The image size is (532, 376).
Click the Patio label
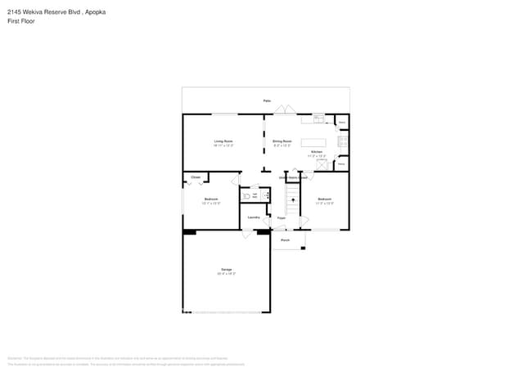pos(267,101)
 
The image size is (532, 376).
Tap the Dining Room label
pos(282,142)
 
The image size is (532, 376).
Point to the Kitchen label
pos(317,152)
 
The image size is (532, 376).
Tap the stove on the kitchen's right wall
pos(344,139)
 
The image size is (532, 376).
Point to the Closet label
pos(196,177)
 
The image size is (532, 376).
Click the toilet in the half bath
pos(246,196)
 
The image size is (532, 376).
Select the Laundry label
pos(254,217)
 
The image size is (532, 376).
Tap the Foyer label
pos(281,218)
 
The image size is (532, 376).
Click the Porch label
pos(285,240)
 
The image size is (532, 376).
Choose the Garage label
pos(226,270)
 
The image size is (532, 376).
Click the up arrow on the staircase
pos(293,200)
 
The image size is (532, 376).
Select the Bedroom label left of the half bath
pos(210,200)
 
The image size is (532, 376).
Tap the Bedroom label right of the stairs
pos(325,199)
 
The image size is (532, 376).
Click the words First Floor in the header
pos(21,21)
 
